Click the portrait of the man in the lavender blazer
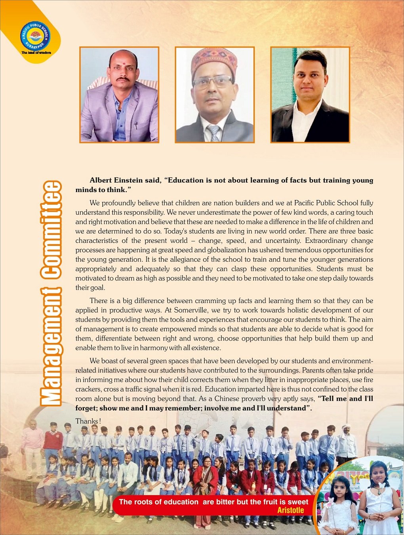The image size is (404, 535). pyautogui.click(x=119, y=95)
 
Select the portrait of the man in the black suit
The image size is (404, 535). pyautogui.click(x=310, y=95)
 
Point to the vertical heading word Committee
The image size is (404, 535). pyautogui.click(x=51, y=229)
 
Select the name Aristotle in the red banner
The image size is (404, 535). pyautogui.click(x=290, y=510)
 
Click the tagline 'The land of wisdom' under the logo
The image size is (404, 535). pyautogui.click(x=36, y=53)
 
